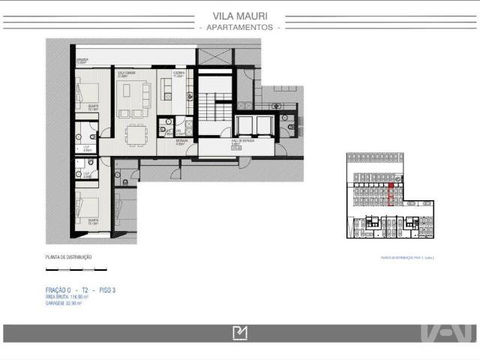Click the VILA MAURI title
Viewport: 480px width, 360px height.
[240, 15]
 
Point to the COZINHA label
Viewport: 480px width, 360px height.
[178, 74]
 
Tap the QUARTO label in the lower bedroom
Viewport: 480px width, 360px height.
[94, 222]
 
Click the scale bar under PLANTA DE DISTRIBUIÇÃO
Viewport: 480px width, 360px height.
[76, 269]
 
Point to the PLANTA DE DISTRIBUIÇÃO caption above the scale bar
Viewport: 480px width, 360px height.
[69, 257]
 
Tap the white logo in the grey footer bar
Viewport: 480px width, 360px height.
[240, 334]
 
